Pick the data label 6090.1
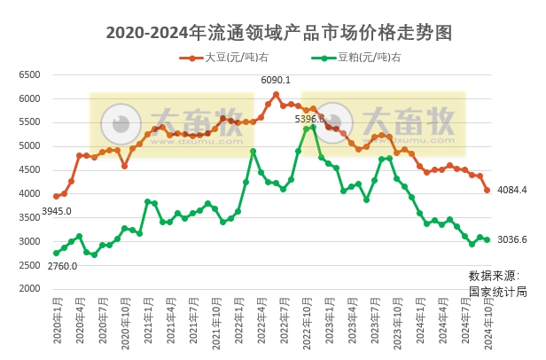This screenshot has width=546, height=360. (276, 80)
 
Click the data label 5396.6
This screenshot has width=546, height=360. (309, 118)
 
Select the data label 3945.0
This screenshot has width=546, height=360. (57, 211)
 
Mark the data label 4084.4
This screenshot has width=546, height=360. (512, 190)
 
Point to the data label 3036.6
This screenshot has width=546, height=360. (512, 239)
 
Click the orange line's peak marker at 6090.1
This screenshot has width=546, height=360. (276, 94)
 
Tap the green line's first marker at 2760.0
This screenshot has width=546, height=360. (56, 253)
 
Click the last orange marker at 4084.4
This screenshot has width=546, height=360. (487, 190)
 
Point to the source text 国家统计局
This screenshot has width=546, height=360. (497, 291)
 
